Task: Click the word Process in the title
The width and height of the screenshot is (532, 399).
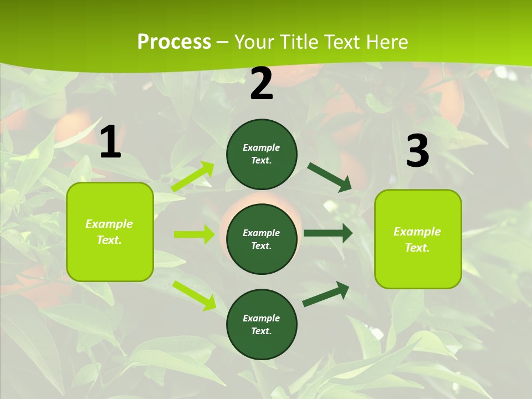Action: point(174,42)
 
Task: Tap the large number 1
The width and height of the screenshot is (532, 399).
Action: point(110,142)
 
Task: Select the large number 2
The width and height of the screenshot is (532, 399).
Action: point(262,84)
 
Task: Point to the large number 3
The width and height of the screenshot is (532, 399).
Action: point(417,151)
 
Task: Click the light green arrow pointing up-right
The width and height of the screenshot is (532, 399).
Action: point(193,177)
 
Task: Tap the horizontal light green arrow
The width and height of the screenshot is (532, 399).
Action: point(194,234)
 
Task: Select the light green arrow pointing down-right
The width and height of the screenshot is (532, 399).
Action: point(195,295)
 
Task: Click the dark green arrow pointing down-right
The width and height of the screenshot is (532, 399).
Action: point(329,177)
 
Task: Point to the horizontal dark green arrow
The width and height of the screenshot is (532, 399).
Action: point(328,233)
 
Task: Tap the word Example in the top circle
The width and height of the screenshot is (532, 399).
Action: point(262,147)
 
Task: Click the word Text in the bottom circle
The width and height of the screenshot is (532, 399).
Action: point(260,331)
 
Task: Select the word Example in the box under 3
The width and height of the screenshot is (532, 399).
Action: point(417,232)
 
